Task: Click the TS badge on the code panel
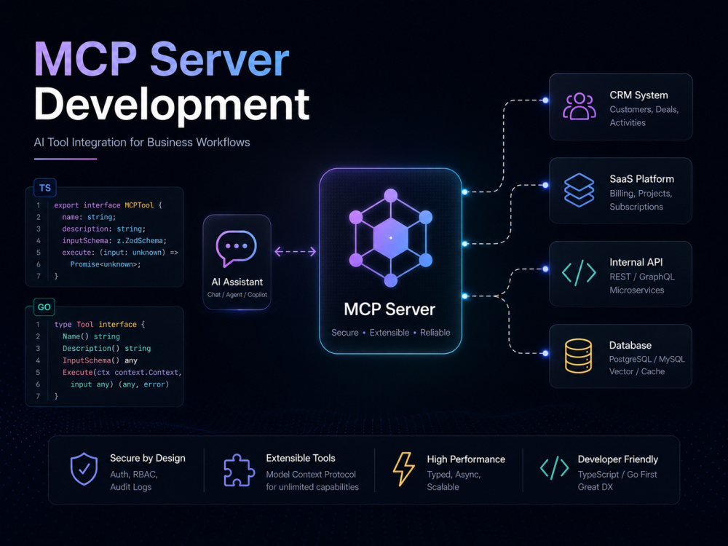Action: [x=45, y=188]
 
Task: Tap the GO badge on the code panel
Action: [x=44, y=307]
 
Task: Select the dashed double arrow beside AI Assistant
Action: [x=296, y=252]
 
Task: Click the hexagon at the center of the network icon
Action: [x=391, y=238]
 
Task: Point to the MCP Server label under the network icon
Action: [x=389, y=309]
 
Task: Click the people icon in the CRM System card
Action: [x=579, y=106]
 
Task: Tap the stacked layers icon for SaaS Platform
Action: [x=579, y=190]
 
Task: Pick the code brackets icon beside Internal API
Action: [x=579, y=273]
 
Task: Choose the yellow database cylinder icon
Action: [x=579, y=356]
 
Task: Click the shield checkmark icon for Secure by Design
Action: [x=84, y=469]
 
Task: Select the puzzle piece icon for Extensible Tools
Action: [x=239, y=470]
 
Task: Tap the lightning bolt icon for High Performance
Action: [x=404, y=469]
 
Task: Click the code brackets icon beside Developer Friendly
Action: [x=554, y=468]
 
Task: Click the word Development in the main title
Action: [x=172, y=105]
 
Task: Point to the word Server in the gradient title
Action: [x=220, y=60]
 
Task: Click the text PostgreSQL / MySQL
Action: [x=646, y=360]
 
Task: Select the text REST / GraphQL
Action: [x=642, y=277]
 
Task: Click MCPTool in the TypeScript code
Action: [x=139, y=205]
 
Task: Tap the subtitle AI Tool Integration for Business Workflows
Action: [x=142, y=143]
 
